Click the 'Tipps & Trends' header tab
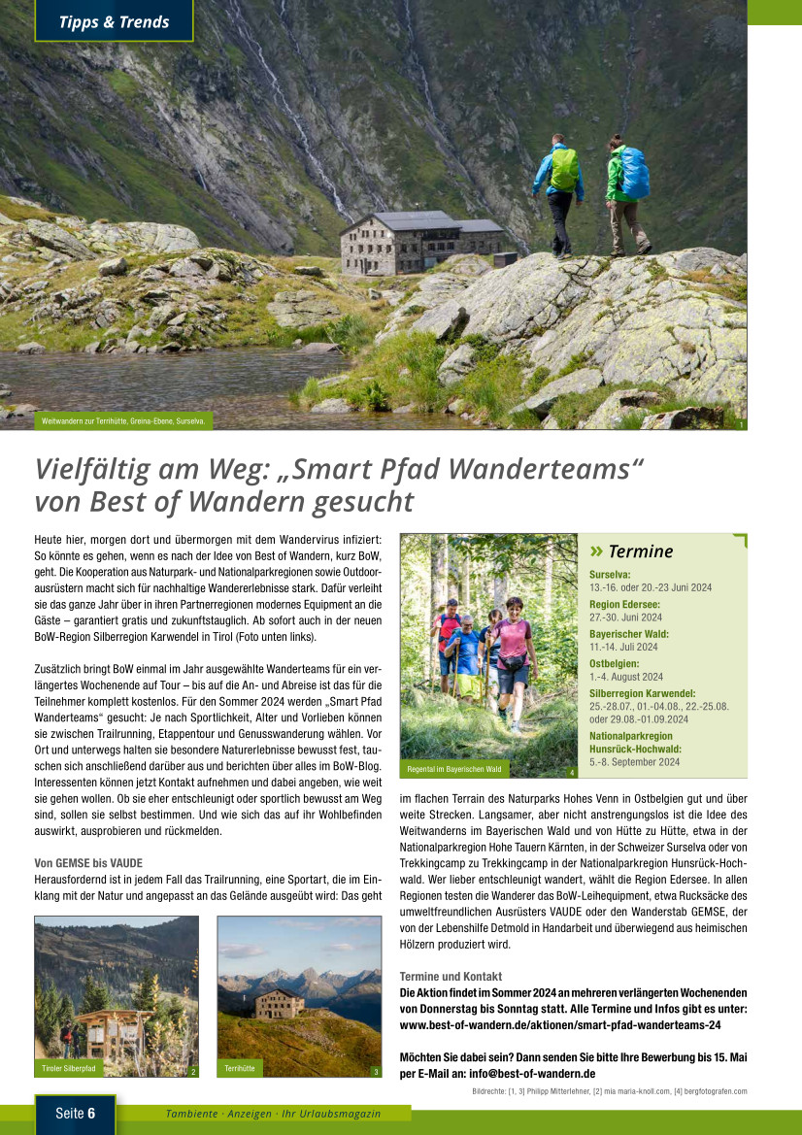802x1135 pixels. [113, 21]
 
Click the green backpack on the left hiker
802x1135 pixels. [563, 169]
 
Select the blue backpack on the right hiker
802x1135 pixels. [633, 173]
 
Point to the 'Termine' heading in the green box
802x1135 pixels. [640, 551]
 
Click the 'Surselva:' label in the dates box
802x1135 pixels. [611, 575]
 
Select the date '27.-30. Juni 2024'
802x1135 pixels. [625, 617]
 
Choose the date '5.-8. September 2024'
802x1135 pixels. [634, 762]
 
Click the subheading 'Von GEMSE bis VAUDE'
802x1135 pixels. [88, 863]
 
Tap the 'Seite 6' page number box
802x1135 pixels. [75, 1114]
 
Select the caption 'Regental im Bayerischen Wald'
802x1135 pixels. [455, 769]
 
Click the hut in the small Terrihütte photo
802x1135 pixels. [280, 1003]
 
